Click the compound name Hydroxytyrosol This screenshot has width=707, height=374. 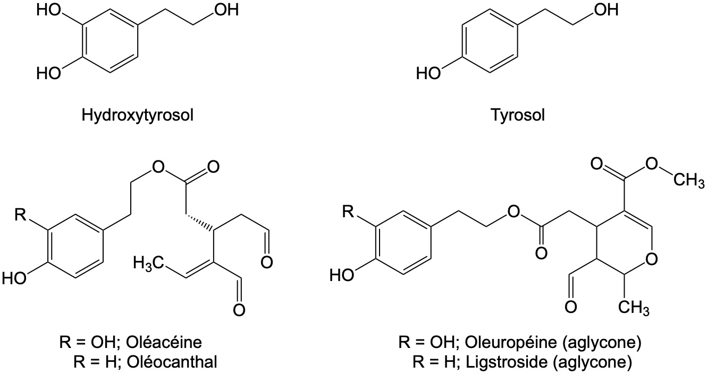(137, 115)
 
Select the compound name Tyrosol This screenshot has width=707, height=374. (518, 115)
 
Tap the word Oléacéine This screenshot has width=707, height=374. (164, 342)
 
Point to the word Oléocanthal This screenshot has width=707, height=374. (172, 362)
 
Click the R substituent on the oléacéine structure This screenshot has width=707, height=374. (21, 215)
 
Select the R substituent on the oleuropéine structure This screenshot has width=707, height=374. (349, 211)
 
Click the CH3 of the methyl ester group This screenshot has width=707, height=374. (689, 181)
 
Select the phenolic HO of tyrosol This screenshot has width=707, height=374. (428, 73)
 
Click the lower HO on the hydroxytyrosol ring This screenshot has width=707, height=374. (48, 73)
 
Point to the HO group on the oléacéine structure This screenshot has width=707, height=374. (14, 279)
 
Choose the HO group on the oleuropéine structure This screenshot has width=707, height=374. (342, 275)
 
